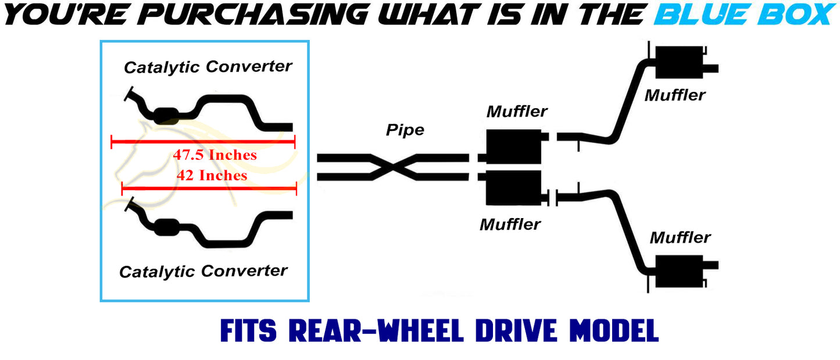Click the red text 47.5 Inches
pos(215,155)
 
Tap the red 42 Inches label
pos(212,175)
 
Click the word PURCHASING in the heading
pos(253,15)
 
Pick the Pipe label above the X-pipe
pos(405,130)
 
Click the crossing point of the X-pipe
pos(393,167)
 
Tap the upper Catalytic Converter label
pos(208,67)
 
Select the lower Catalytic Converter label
pos(203,272)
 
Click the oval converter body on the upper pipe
pos(166,116)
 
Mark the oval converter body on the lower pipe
pos(166,227)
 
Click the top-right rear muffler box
pos(679,62)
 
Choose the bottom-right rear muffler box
pos(679,272)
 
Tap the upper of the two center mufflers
pos(513,147)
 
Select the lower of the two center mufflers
pos(513,188)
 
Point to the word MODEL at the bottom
pos(614,331)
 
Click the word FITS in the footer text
pos(248,331)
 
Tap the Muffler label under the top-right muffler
pos(675,95)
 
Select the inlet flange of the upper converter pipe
pos(128,94)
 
